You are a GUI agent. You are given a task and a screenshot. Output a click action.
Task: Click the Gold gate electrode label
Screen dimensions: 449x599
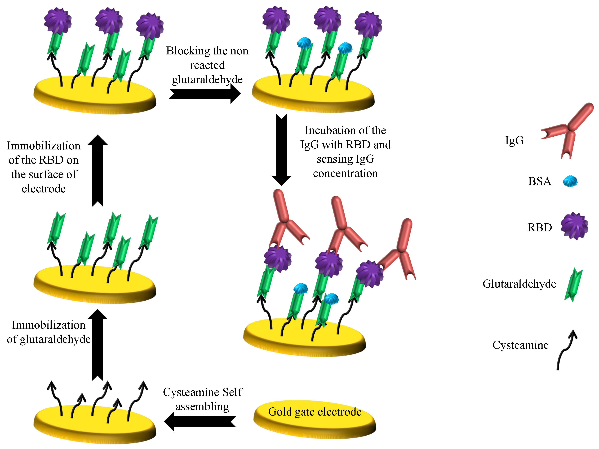tap(314, 412)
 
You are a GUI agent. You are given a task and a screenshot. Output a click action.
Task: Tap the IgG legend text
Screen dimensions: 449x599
tap(514, 140)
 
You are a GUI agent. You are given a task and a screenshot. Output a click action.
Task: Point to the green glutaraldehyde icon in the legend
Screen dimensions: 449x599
tap(573, 285)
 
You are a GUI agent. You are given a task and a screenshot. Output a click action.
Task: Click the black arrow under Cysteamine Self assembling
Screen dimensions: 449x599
tap(200, 421)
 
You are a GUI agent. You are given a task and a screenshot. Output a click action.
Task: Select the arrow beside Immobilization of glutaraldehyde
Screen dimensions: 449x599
tap(97, 344)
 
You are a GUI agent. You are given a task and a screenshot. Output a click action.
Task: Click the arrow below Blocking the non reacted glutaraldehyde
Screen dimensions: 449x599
tap(205, 94)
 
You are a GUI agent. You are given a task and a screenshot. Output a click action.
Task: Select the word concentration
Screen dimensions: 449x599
tap(345, 173)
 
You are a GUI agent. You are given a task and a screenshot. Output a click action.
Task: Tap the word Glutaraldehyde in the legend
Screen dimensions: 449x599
tap(519, 284)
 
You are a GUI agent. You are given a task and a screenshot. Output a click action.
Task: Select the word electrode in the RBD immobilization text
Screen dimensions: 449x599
tap(44, 189)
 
